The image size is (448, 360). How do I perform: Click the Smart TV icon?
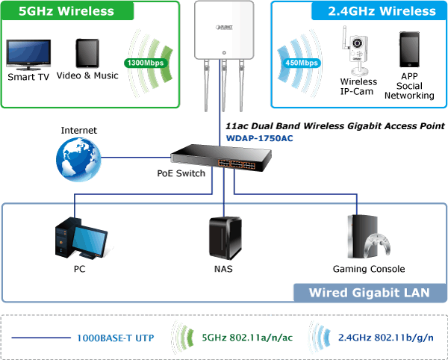[28, 55]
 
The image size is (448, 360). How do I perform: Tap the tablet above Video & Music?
[87, 54]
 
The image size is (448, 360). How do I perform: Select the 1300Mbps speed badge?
[146, 63]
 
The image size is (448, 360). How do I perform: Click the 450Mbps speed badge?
[302, 63]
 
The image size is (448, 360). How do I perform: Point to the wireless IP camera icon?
[354, 51]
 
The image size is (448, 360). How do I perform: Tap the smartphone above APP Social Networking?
[409, 49]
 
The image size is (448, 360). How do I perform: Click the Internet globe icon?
[78, 159]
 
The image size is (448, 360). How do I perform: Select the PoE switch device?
[221, 158]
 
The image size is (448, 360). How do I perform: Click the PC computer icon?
[81, 238]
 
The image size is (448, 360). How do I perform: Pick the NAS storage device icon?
[225, 238]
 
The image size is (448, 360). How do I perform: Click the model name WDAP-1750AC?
[259, 138]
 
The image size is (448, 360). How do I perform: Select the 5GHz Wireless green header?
[67, 10]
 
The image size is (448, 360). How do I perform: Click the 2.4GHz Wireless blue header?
[379, 11]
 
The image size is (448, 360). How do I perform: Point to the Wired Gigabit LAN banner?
[370, 293]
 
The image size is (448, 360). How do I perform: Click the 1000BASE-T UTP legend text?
[116, 338]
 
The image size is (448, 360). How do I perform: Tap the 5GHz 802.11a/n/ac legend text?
[247, 338]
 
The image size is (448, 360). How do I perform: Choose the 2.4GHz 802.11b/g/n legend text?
[386, 338]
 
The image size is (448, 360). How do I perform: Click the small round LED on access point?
[224, 53]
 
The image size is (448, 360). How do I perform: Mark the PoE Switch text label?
[181, 173]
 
